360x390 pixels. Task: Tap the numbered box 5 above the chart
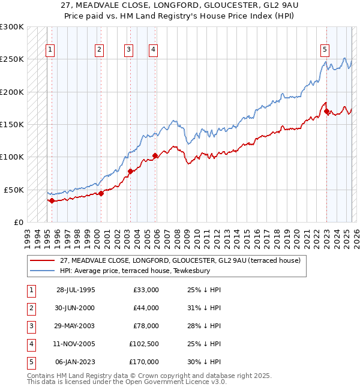click(x=325, y=50)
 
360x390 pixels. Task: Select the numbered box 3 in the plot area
click(x=128, y=50)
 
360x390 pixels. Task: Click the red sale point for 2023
click(x=326, y=111)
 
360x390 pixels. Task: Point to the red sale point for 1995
click(x=52, y=201)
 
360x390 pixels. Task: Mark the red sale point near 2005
click(x=155, y=156)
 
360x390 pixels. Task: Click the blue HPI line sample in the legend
click(x=43, y=271)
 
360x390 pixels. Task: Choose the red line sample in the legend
click(x=43, y=260)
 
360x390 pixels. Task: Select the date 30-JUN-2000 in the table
click(x=76, y=308)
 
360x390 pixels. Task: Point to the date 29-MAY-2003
click(x=76, y=327)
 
